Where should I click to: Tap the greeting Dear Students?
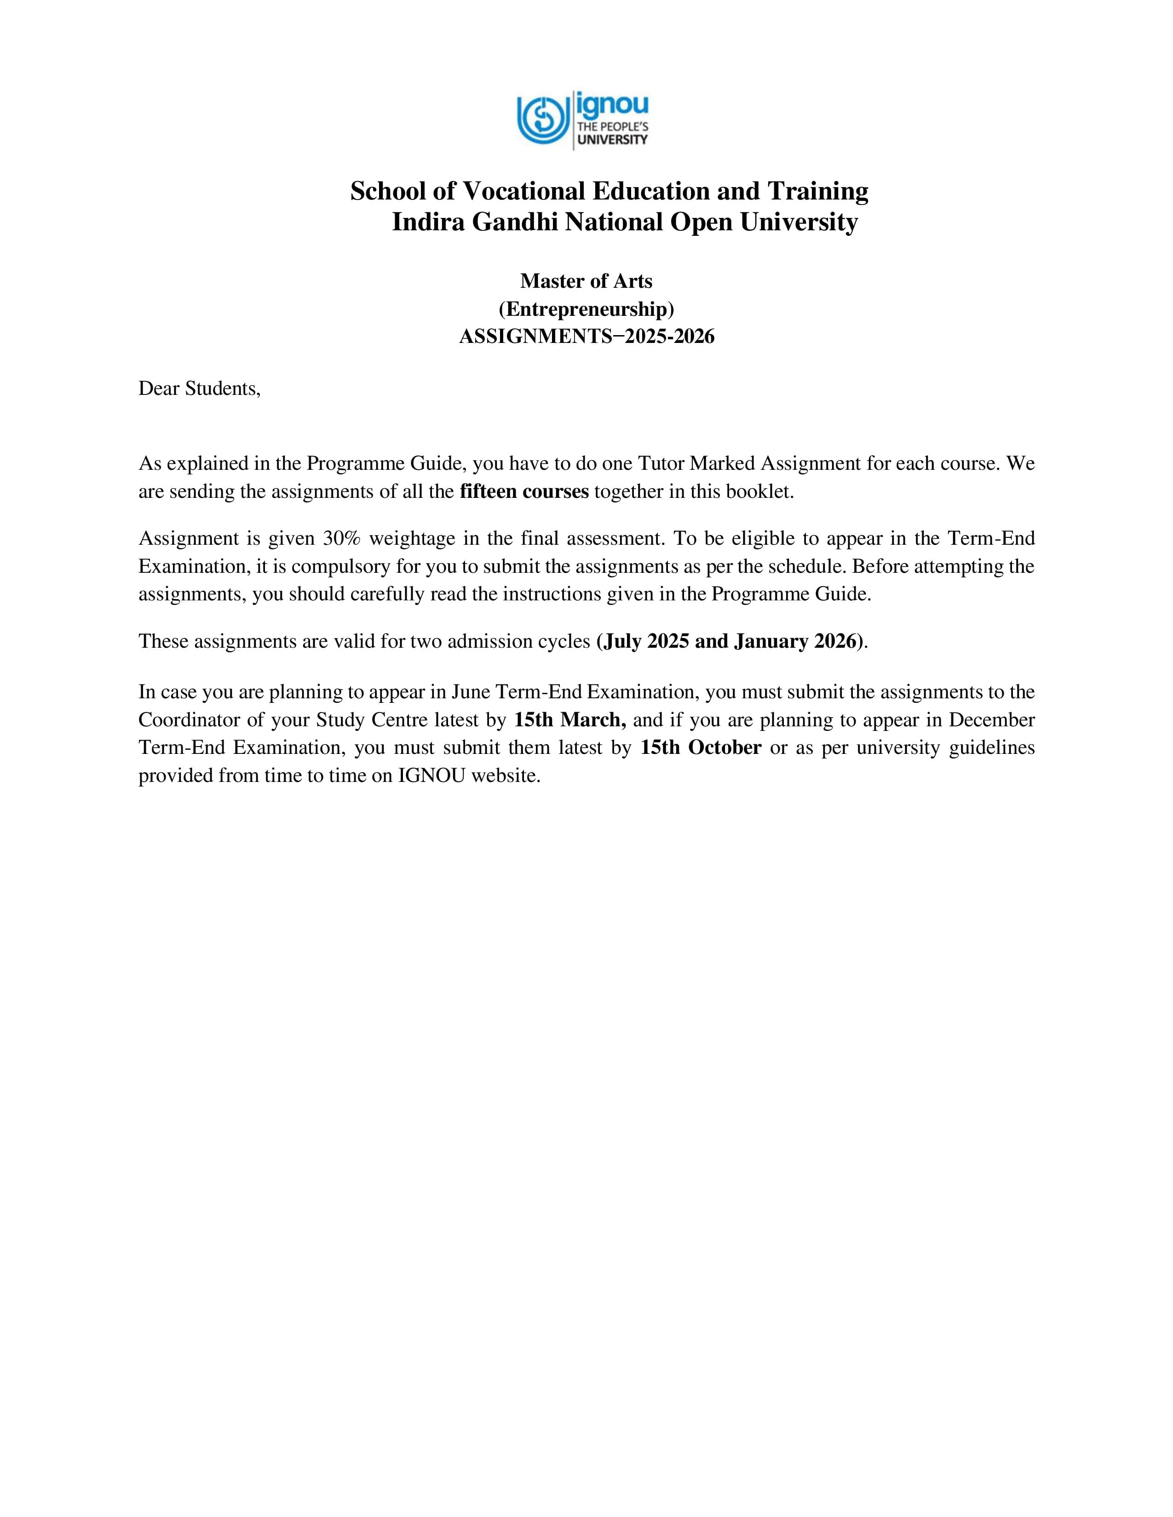click(x=200, y=389)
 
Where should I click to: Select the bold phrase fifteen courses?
click(x=524, y=492)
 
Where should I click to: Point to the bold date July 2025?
click(x=646, y=641)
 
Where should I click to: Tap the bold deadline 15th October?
click(x=701, y=748)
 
